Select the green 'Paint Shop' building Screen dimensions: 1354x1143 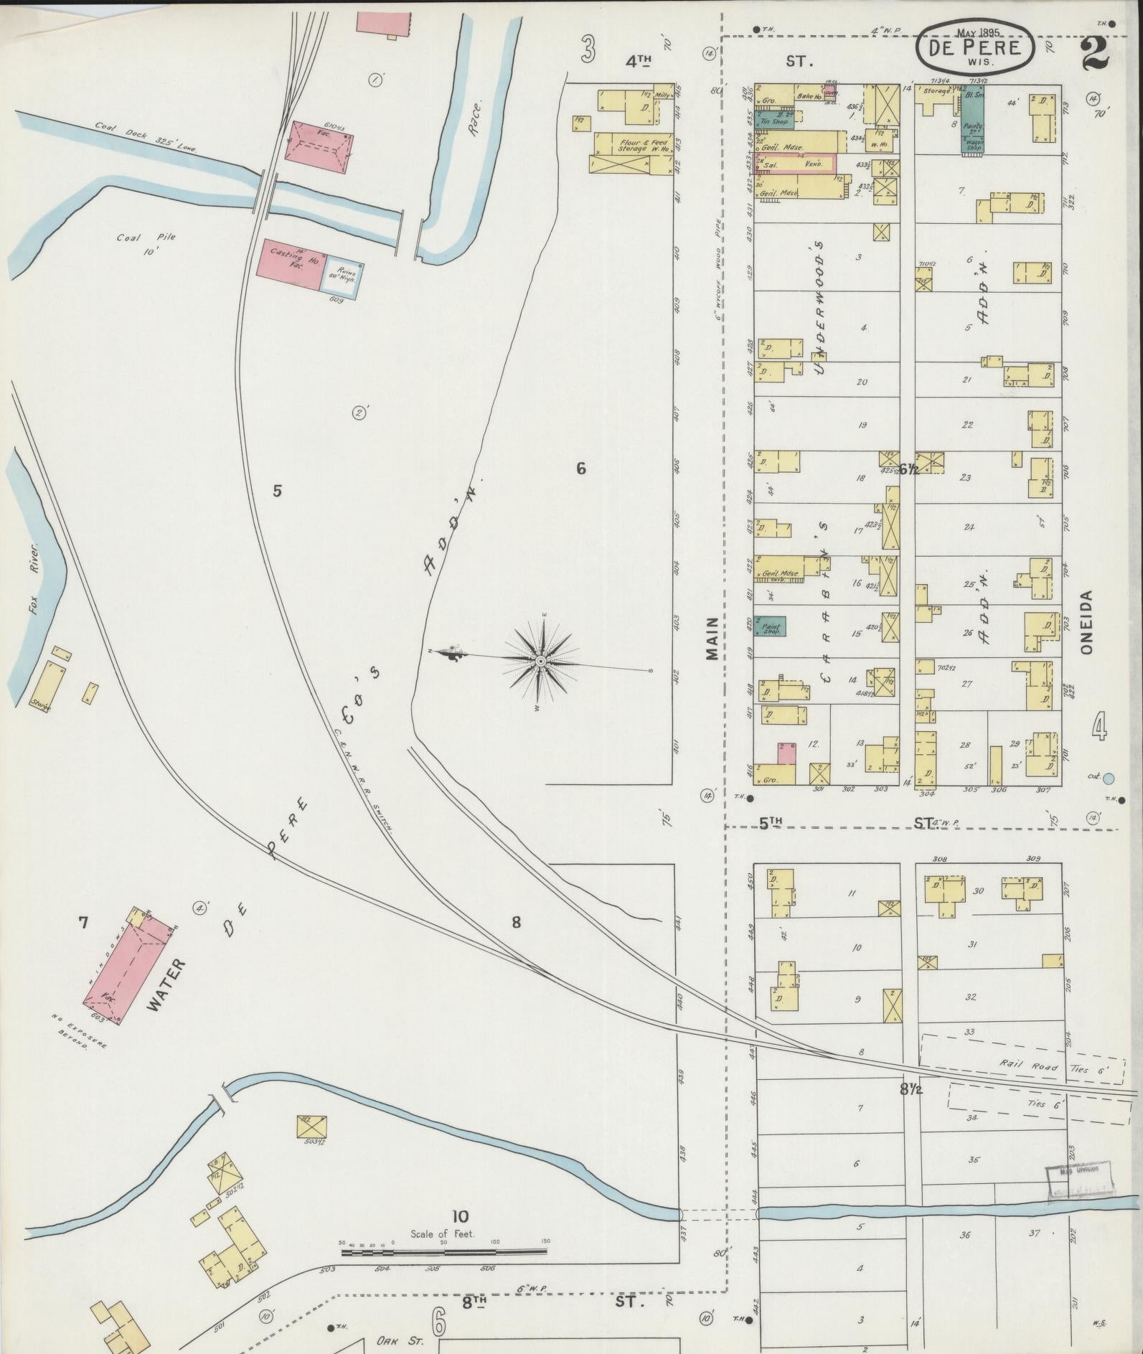click(770, 626)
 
